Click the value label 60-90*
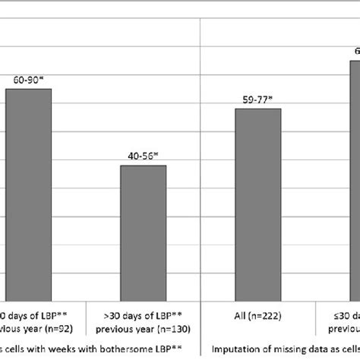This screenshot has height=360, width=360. tap(29, 78)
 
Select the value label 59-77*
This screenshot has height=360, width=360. tap(258, 98)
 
